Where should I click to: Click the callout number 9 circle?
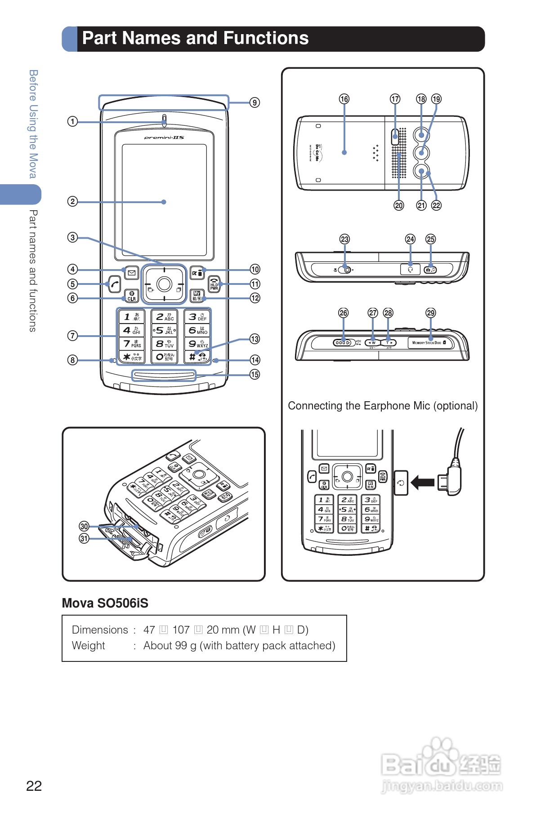tap(255, 102)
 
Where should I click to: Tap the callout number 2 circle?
tap(72, 201)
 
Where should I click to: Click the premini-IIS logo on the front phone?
tap(164, 137)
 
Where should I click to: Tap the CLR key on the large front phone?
tap(131, 296)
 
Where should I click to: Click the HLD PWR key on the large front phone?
tap(214, 284)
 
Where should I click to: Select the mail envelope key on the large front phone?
tap(131, 272)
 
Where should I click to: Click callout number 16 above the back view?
tap(344, 99)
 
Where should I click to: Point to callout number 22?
tap(436, 205)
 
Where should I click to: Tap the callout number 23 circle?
tap(344, 239)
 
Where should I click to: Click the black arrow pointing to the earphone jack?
tap(422, 483)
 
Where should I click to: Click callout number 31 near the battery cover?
tap(84, 538)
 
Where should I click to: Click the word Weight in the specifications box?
tap(88, 646)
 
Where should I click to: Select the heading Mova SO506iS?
tap(105, 603)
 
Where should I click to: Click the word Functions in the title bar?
tap(266, 38)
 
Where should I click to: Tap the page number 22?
tap(34, 786)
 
